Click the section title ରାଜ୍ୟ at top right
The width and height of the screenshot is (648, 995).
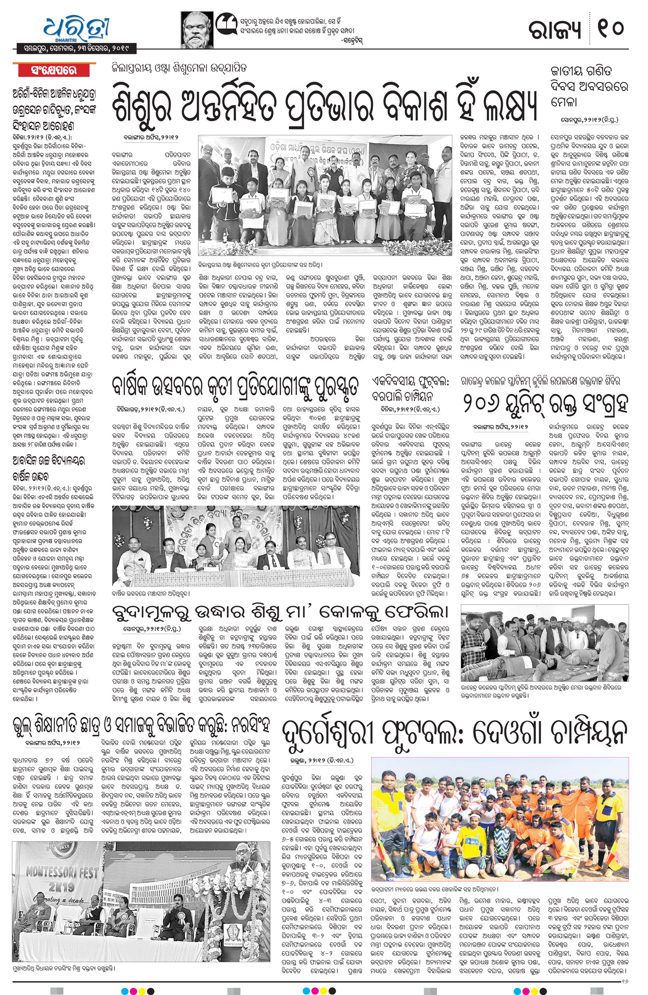(x=556, y=29)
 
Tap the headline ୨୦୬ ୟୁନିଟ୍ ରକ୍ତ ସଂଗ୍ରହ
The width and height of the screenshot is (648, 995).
(x=545, y=405)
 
